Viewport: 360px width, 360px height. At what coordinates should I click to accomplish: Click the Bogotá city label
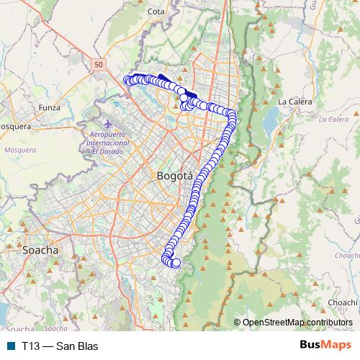coord(174,176)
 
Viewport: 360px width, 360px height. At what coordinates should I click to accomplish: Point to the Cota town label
coord(156,12)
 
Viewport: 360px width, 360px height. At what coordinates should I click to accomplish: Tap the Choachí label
coord(342,302)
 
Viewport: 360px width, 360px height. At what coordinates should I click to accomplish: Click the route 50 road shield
coord(99,65)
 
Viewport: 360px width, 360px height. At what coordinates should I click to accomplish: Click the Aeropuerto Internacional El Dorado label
coord(107,143)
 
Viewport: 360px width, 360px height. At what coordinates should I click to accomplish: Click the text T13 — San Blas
coord(59,346)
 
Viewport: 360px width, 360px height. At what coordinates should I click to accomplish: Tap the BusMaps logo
coord(323,346)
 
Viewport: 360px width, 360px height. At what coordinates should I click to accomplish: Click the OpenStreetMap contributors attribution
coord(297,322)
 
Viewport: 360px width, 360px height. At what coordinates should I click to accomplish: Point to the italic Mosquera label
coord(19,150)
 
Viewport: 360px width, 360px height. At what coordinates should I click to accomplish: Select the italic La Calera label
coord(333,119)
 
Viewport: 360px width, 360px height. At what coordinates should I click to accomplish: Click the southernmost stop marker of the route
coord(176,264)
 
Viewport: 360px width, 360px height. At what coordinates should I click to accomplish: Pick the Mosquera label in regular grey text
coord(13,126)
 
